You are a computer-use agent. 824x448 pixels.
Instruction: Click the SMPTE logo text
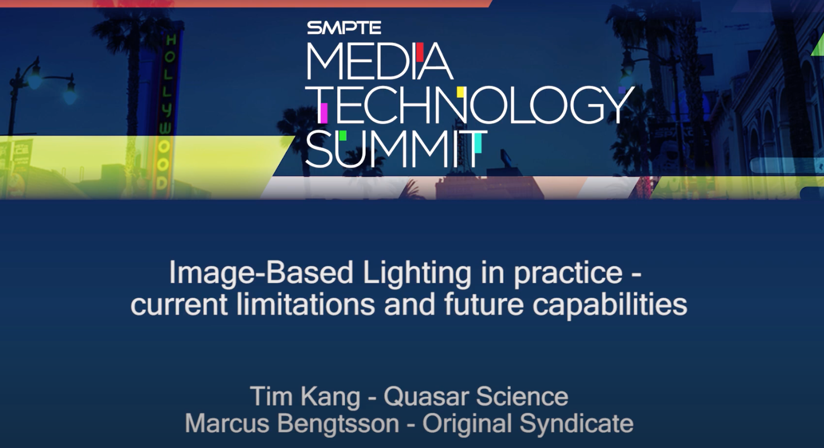(x=344, y=27)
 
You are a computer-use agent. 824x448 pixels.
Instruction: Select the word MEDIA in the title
(x=379, y=61)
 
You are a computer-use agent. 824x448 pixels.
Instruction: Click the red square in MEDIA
(x=419, y=52)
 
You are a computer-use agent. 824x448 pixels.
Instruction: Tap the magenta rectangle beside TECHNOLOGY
(x=323, y=113)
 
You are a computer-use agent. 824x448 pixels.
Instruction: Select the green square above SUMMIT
(x=342, y=135)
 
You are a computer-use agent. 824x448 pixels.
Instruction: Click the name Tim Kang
(x=305, y=397)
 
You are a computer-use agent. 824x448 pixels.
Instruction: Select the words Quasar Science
(x=476, y=397)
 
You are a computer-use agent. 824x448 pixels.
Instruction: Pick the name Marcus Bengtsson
(x=292, y=423)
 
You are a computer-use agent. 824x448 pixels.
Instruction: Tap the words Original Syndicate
(x=528, y=423)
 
